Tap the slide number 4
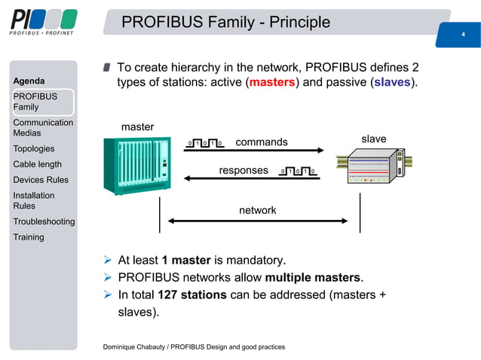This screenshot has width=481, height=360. (x=462, y=34)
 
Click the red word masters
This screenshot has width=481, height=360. (x=272, y=81)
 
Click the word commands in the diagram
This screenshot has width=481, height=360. (x=262, y=142)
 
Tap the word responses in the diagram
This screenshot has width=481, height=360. (x=243, y=170)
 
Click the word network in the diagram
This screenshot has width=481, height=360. (x=258, y=210)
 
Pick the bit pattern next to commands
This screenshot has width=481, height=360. (x=206, y=142)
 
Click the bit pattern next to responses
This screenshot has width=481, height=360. (x=298, y=171)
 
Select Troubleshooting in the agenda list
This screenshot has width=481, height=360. (x=44, y=221)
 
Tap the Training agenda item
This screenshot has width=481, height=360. (x=29, y=236)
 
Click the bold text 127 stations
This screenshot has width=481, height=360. (x=192, y=294)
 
